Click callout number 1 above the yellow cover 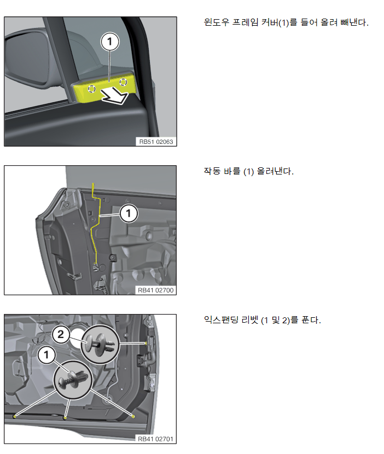(110, 42)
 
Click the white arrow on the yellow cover (115, 96)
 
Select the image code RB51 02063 (156, 142)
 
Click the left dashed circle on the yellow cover (92, 89)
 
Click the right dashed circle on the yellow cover (124, 82)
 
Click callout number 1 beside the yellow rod (129, 214)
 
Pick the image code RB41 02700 (156, 290)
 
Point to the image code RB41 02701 (156, 439)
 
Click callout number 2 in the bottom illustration (61, 334)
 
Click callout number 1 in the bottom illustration (46, 355)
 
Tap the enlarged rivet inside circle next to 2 (100, 345)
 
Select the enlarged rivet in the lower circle (73, 380)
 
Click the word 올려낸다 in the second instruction (275, 171)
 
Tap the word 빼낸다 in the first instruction (354, 22)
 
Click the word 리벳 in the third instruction (250, 320)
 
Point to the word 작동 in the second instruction (212, 171)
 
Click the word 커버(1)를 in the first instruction (279, 22)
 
